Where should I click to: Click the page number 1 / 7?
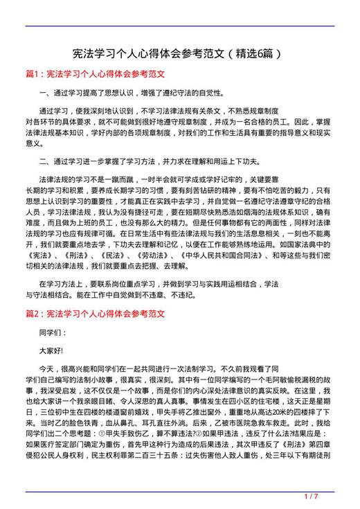(311, 496)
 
